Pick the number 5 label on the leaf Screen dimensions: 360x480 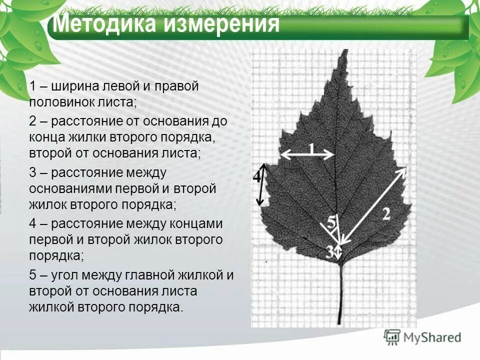(331, 220)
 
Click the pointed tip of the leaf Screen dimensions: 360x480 (343, 50)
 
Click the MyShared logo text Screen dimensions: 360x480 (432, 338)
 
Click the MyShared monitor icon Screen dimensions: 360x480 (392, 337)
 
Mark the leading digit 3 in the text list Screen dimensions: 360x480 (32, 173)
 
